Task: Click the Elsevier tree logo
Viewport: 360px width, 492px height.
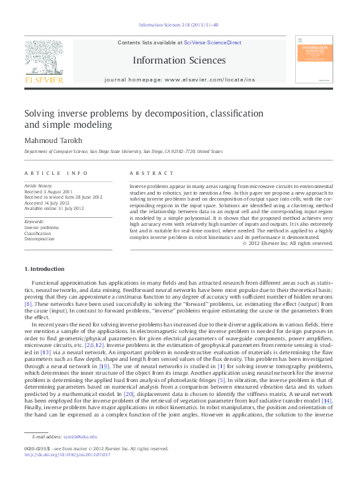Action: [x=43, y=58]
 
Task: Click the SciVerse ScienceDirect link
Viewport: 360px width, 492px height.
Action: [x=212, y=42]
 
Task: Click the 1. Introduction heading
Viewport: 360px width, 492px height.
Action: [x=44, y=269]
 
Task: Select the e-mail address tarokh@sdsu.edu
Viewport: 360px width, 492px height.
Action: [x=80, y=436]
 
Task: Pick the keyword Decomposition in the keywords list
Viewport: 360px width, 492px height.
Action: [x=40, y=239]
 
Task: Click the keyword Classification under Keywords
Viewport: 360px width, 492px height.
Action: [x=38, y=233]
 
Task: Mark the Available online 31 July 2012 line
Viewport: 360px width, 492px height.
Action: [x=54, y=208]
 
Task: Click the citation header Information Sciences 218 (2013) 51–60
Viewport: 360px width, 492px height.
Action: [x=179, y=26]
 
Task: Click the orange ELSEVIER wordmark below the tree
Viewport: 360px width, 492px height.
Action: [x=43, y=80]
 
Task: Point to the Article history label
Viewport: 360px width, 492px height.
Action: [x=39, y=187]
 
